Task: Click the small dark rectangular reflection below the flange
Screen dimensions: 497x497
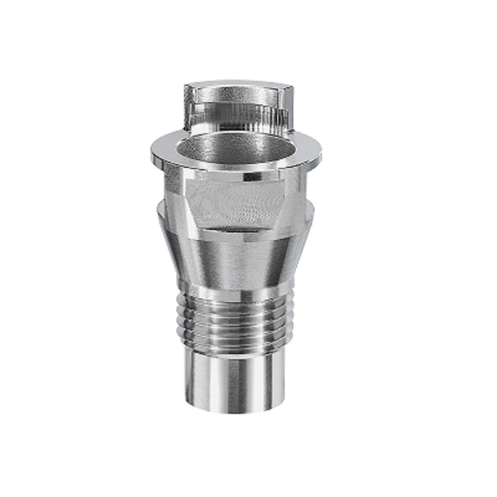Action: (253, 176)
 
